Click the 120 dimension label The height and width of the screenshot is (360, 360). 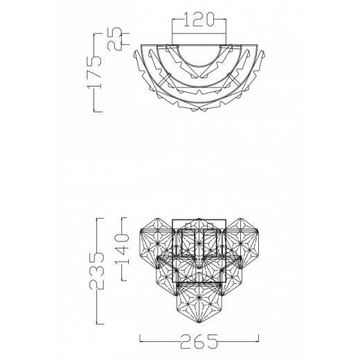199,19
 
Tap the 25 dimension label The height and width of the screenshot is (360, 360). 114,39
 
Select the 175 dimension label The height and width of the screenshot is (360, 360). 94,72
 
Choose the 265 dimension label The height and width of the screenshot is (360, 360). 199,341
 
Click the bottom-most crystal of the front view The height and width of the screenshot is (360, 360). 199,303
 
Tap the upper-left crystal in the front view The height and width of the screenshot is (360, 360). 157,241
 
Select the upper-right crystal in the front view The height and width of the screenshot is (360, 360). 240,241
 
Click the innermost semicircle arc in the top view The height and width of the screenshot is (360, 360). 199,66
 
